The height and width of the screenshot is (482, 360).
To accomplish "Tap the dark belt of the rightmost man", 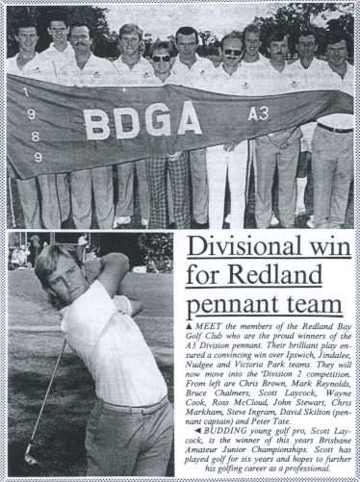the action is [x=336, y=127].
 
